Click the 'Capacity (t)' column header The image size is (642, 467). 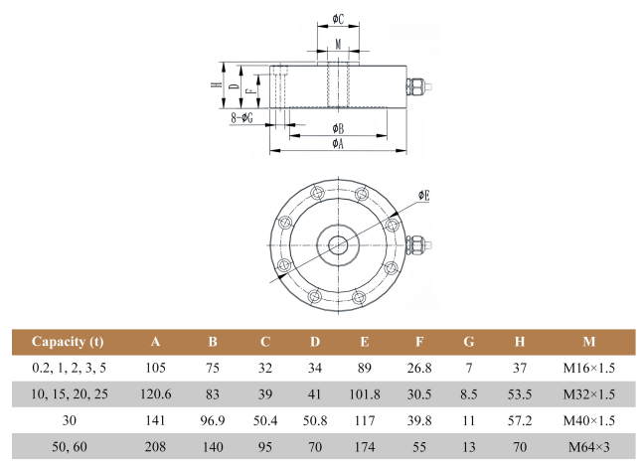68,343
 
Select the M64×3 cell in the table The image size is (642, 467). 588,446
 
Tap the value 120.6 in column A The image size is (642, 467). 155,394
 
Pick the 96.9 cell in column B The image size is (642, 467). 212,420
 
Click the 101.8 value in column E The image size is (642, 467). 364,394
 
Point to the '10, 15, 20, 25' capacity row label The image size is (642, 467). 68,394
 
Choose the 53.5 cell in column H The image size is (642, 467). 519,394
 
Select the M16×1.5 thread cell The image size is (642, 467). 588,369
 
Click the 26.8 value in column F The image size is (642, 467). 418,369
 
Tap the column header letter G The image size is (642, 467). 468,343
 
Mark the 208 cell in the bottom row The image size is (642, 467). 155,446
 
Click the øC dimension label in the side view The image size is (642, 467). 338,20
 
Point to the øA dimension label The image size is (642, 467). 338,144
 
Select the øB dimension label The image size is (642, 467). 338,128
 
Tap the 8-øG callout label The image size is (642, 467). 241,117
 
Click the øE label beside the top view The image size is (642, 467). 423,196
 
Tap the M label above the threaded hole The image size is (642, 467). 338,45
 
